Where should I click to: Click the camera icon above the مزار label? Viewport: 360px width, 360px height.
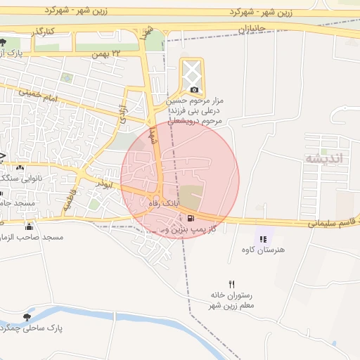coord(194,89)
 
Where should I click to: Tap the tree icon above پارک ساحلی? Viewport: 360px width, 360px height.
coord(27,317)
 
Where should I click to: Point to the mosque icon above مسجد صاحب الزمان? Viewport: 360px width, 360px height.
coord(29,226)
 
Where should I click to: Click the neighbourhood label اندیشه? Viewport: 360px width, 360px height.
coord(324,157)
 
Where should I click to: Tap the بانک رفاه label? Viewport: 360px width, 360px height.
coord(162,203)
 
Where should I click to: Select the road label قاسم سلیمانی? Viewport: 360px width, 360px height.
coord(332,224)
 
